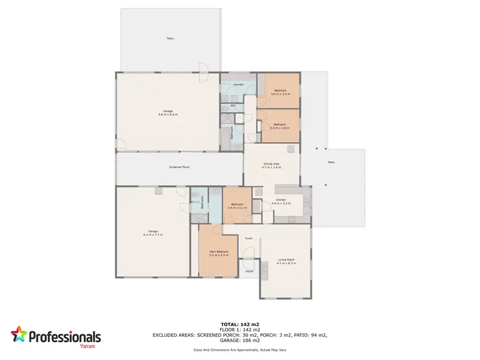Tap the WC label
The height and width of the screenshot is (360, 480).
pyautogui.click(x=233, y=105)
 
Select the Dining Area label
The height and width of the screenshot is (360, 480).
pyautogui.click(x=272, y=163)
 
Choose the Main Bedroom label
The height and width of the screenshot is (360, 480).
pyautogui.click(x=218, y=252)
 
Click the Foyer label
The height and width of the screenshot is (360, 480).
pyautogui.click(x=248, y=238)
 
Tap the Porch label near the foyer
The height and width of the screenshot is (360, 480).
pyautogui.click(x=249, y=271)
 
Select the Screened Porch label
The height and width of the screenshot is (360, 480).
pyautogui.click(x=179, y=167)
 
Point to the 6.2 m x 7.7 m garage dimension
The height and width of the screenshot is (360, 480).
pyautogui.click(x=153, y=234)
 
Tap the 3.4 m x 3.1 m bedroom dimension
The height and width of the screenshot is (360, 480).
pyautogui.click(x=236, y=208)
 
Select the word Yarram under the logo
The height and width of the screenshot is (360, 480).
pyautogui.click(x=88, y=346)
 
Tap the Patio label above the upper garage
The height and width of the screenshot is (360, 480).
pyautogui.click(x=170, y=38)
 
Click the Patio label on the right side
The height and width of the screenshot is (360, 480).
pyautogui.click(x=331, y=163)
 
